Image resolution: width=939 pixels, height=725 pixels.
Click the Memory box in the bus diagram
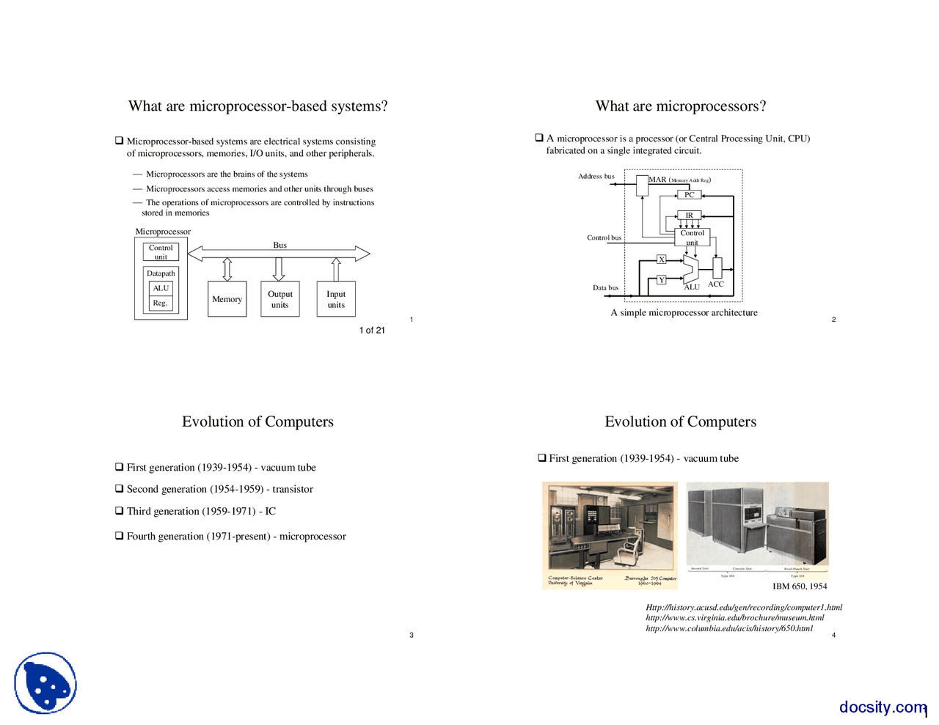coord(227,299)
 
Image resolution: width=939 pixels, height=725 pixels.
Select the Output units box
coord(279,299)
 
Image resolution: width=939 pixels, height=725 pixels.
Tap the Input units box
coord(336,299)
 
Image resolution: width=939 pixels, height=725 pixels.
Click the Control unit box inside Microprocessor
coord(161,252)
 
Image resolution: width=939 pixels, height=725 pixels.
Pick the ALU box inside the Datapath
coord(161,288)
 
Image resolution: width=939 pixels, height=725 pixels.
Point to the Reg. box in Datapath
coord(161,303)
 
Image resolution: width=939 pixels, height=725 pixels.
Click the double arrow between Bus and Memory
coord(227,269)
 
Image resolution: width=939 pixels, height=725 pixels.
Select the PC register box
coord(689,195)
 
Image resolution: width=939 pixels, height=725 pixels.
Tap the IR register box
coord(689,215)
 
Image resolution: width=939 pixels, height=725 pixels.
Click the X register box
coord(661,260)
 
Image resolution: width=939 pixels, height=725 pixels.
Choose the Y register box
coord(661,280)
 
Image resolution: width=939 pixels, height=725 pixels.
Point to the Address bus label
coord(596,176)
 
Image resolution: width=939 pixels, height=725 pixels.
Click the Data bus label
coord(605,287)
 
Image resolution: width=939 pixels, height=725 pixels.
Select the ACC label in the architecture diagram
coord(716,284)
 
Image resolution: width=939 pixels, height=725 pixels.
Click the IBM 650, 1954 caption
coord(800,586)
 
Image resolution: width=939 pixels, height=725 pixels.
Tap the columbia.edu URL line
coord(729,628)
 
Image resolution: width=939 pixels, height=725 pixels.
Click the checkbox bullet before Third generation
coord(119,511)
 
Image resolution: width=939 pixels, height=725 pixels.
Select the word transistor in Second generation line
coord(293,489)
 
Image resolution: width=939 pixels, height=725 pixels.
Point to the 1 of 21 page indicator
coord(372,331)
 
